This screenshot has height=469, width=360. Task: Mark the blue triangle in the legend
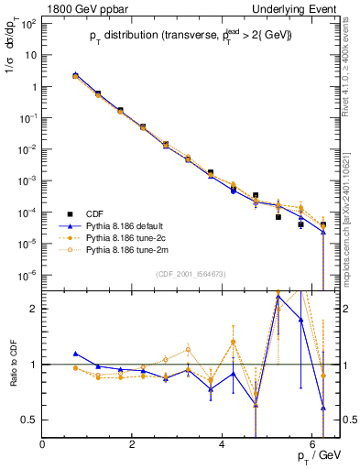click(64, 224)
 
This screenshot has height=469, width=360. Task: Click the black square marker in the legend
click(64, 211)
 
